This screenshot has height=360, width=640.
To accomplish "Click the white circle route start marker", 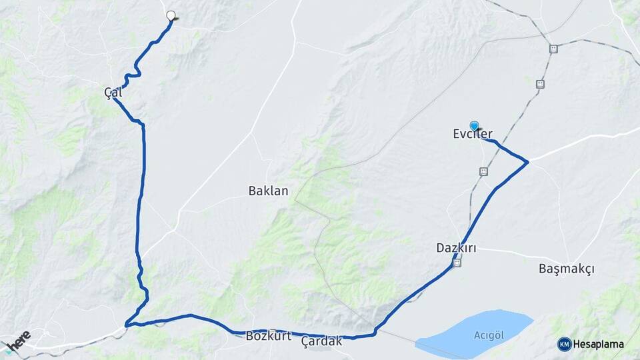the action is [171, 16].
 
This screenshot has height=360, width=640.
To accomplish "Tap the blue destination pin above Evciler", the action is [474, 125].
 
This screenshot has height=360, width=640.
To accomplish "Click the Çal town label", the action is [113, 93].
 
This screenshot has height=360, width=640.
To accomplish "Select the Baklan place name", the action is [268, 191].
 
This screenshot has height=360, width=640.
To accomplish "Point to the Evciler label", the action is [473, 134].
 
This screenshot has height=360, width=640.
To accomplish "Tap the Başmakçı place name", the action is [566, 269].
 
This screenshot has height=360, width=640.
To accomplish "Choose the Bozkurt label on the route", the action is [269, 335].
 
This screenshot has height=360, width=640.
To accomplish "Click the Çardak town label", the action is [321, 341].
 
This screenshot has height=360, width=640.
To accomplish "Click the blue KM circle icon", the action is [565, 344].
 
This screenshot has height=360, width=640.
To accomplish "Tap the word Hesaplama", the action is [598, 344].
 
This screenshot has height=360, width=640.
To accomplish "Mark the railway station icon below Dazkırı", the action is [457, 263].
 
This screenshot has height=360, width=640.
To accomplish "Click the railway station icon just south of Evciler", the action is [483, 171].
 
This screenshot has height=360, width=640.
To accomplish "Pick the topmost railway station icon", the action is [553, 49].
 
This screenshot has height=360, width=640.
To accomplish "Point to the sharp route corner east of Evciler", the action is [528, 161].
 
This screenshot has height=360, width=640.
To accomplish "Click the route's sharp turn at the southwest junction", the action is [127, 325].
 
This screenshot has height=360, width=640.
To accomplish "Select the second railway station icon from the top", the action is [540, 84].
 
